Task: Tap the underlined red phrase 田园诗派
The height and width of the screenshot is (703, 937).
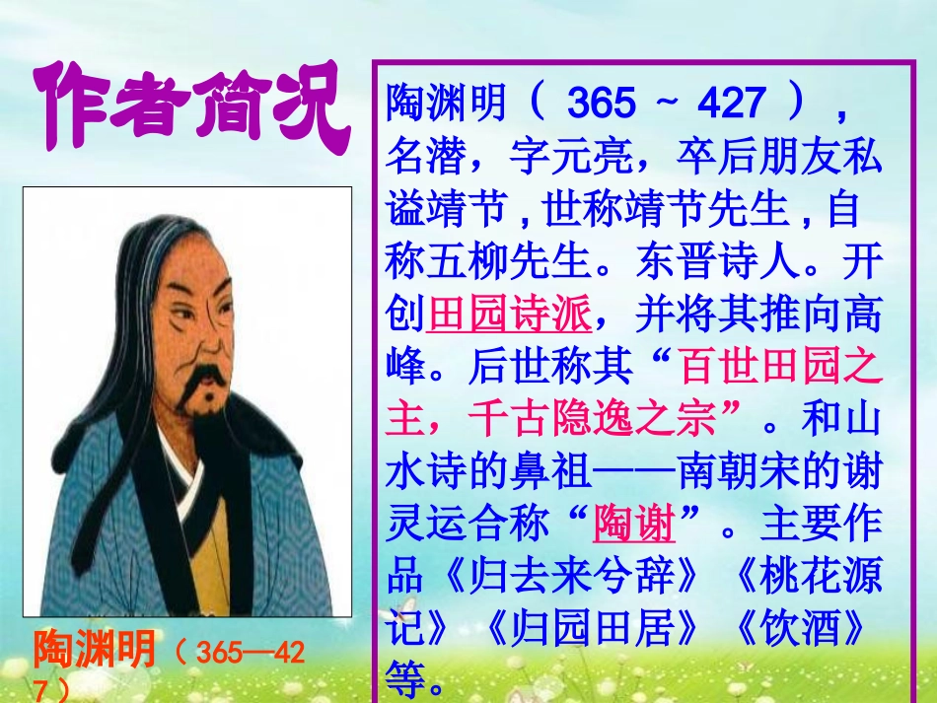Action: [x=510, y=316]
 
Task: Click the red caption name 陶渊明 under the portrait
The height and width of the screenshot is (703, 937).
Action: [x=95, y=650]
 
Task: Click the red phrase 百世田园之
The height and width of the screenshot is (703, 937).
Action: [x=779, y=368]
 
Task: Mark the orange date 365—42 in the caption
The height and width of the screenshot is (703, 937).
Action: [x=251, y=652]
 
